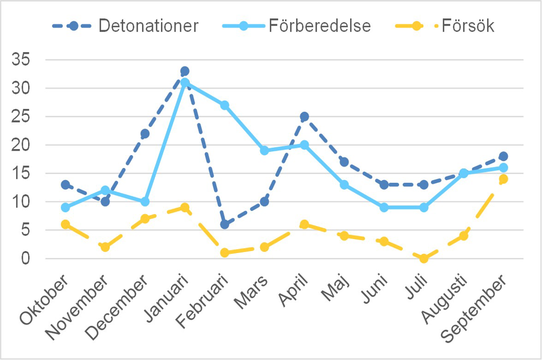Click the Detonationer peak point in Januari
185,71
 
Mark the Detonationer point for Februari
224,224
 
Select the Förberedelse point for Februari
224,105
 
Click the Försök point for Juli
424,259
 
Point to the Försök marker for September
504,179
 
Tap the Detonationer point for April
304,117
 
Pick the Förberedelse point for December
145,202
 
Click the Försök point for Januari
185,208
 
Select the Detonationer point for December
145,133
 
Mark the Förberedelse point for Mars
264,151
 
